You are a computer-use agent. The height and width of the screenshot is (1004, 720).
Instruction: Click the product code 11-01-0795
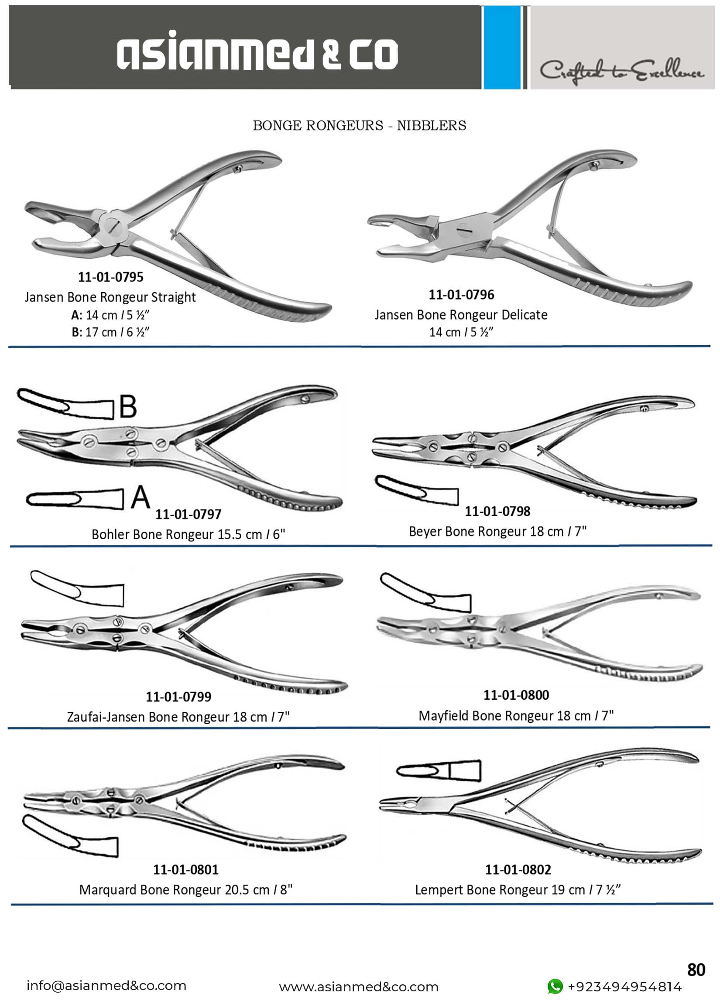pyautogui.click(x=111, y=277)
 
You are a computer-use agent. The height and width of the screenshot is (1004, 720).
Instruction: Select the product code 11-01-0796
pyautogui.click(x=461, y=295)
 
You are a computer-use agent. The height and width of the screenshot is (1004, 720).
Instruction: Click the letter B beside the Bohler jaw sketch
pyautogui.click(x=128, y=406)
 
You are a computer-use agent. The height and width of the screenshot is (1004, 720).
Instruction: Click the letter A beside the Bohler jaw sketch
pyautogui.click(x=141, y=497)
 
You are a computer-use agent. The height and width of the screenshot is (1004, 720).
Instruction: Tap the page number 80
pyautogui.click(x=696, y=970)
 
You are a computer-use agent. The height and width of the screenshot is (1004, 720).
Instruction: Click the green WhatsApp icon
pyautogui.click(x=555, y=987)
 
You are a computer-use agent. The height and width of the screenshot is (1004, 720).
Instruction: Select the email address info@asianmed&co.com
pyautogui.click(x=106, y=986)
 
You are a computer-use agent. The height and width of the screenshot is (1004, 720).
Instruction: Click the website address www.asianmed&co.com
pyautogui.click(x=358, y=987)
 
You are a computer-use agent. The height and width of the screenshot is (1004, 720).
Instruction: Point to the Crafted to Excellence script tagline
pyautogui.click(x=621, y=71)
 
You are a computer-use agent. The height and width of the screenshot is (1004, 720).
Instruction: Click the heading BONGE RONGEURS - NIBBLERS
pyautogui.click(x=359, y=126)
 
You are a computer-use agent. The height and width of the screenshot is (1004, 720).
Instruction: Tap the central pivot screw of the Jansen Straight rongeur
pyautogui.click(x=112, y=227)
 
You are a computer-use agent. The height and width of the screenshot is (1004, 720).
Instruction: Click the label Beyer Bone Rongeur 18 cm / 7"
pyautogui.click(x=497, y=531)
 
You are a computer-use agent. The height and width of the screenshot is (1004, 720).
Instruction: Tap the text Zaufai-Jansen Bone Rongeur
pyautogui.click(x=149, y=717)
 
